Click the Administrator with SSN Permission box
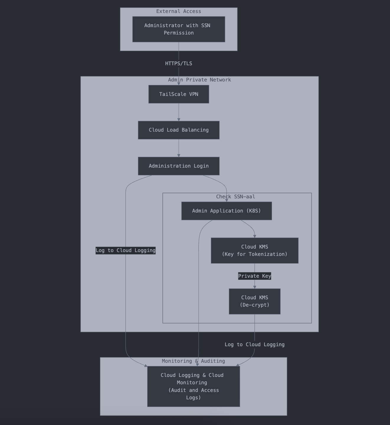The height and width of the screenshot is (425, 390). point(178,29)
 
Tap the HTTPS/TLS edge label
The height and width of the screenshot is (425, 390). point(178,63)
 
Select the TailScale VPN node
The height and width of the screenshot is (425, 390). point(178,94)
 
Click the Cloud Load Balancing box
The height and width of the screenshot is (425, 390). point(178,130)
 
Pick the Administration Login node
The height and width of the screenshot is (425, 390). point(178,166)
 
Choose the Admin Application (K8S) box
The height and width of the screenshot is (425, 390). point(226,211)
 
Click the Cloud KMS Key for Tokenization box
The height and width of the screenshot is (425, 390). point(254,250)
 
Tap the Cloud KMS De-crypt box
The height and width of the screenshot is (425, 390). point(254,301)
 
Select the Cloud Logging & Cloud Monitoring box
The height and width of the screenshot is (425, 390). point(193,386)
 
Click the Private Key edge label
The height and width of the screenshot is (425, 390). point(254,276)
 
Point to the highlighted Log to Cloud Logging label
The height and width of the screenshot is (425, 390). point(125,250)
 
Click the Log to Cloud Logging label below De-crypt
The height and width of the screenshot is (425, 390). point(254,344)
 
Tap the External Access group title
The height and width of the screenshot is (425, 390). point(178,11)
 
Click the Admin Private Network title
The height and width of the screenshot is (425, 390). point(199,80)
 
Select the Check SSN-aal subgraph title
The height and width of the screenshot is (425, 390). point(235,197)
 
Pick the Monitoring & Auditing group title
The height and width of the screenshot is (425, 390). point(193,361)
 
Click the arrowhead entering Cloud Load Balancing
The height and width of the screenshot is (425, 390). point(178,120)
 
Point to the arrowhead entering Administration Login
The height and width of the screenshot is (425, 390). point(178,156)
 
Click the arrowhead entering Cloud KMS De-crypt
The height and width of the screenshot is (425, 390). point(254,287)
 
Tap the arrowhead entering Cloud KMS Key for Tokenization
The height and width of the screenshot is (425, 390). point(254,236)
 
